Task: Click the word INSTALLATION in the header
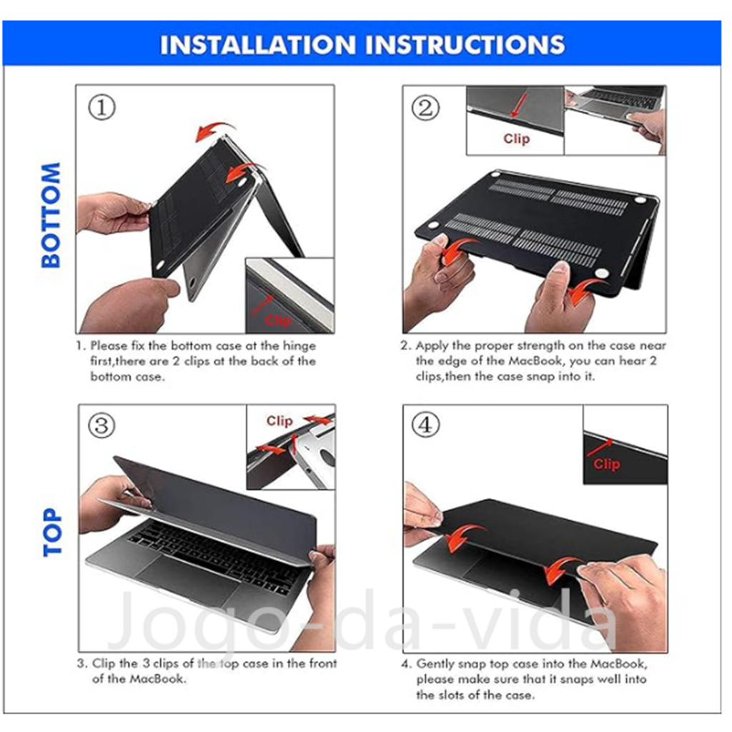coord(258,45)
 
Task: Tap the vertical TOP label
coord(52,532)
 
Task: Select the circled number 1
coord(102,107)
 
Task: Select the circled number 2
coord(425,108)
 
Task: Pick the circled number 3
coord(102,426)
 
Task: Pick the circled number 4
coord(425,425)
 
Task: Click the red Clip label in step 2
coord(516,139)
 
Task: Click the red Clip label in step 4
coord(607,464)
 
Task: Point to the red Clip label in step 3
coord(280,421)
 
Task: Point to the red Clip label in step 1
coord(278,321)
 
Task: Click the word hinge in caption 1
coord(300,347)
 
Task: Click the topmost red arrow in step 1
coord(214,131)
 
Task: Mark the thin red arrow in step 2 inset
coord(518,106)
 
